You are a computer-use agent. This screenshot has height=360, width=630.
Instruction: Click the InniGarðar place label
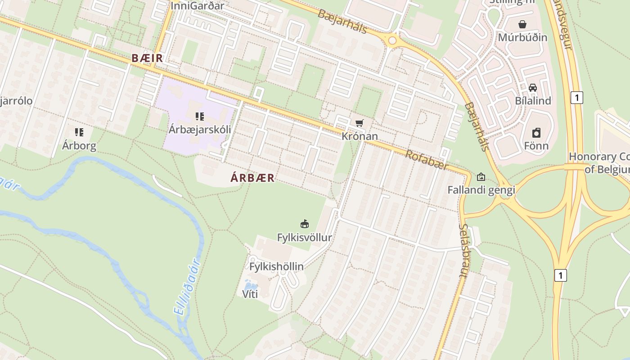click(198, 5)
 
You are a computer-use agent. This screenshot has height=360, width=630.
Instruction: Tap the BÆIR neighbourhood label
click(147, 58)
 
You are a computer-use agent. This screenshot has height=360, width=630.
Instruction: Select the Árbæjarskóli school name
click(200, 130)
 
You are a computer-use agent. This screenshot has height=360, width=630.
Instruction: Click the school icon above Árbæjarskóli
click(200, 117)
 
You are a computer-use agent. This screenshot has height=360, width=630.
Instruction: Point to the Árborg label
click(79, 146)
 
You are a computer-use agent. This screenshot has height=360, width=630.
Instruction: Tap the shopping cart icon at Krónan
click(359, 123)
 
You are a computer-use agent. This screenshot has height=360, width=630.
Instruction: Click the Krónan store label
click(360, 136)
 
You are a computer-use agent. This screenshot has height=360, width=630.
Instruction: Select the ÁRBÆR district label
click(252, 178)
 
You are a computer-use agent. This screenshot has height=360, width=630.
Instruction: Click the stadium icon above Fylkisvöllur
click(305, 224)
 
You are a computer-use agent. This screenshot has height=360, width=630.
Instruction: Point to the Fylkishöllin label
click(276, 266)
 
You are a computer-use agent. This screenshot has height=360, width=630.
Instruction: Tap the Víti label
click(250, 295)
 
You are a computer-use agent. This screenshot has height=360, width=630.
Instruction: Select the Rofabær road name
click(427, 160)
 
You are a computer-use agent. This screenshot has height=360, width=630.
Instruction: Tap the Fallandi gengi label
click(481, 190)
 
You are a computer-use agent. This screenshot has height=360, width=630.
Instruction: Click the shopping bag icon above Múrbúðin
click(522, 24)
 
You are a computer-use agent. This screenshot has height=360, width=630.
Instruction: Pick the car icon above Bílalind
click(533, 88)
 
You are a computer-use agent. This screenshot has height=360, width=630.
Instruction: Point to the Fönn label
click(536, 146)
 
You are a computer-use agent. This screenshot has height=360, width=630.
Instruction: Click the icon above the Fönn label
click(536, 133)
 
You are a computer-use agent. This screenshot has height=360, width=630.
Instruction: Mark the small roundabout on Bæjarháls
click(392, 41)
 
